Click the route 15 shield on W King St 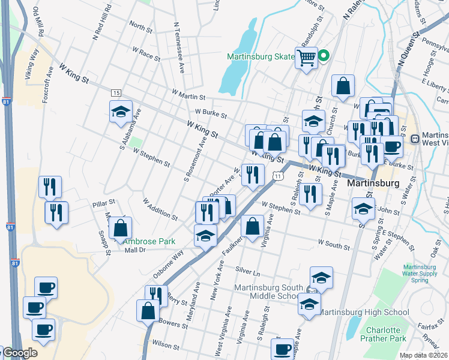(x=116, y=92)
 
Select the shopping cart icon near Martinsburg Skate (x=306, y=58)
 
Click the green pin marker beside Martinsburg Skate (x=324, y=57)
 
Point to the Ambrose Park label (x=149, y=241)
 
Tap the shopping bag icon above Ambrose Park (x=121, y=228)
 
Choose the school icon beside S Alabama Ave (x=121, y=111)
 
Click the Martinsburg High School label (x=363, y=312)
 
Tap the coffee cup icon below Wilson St (x=282, y=349)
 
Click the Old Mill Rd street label (x=37, y=22)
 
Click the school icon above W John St (x=363, y=210)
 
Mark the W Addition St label (x=160, y=208)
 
